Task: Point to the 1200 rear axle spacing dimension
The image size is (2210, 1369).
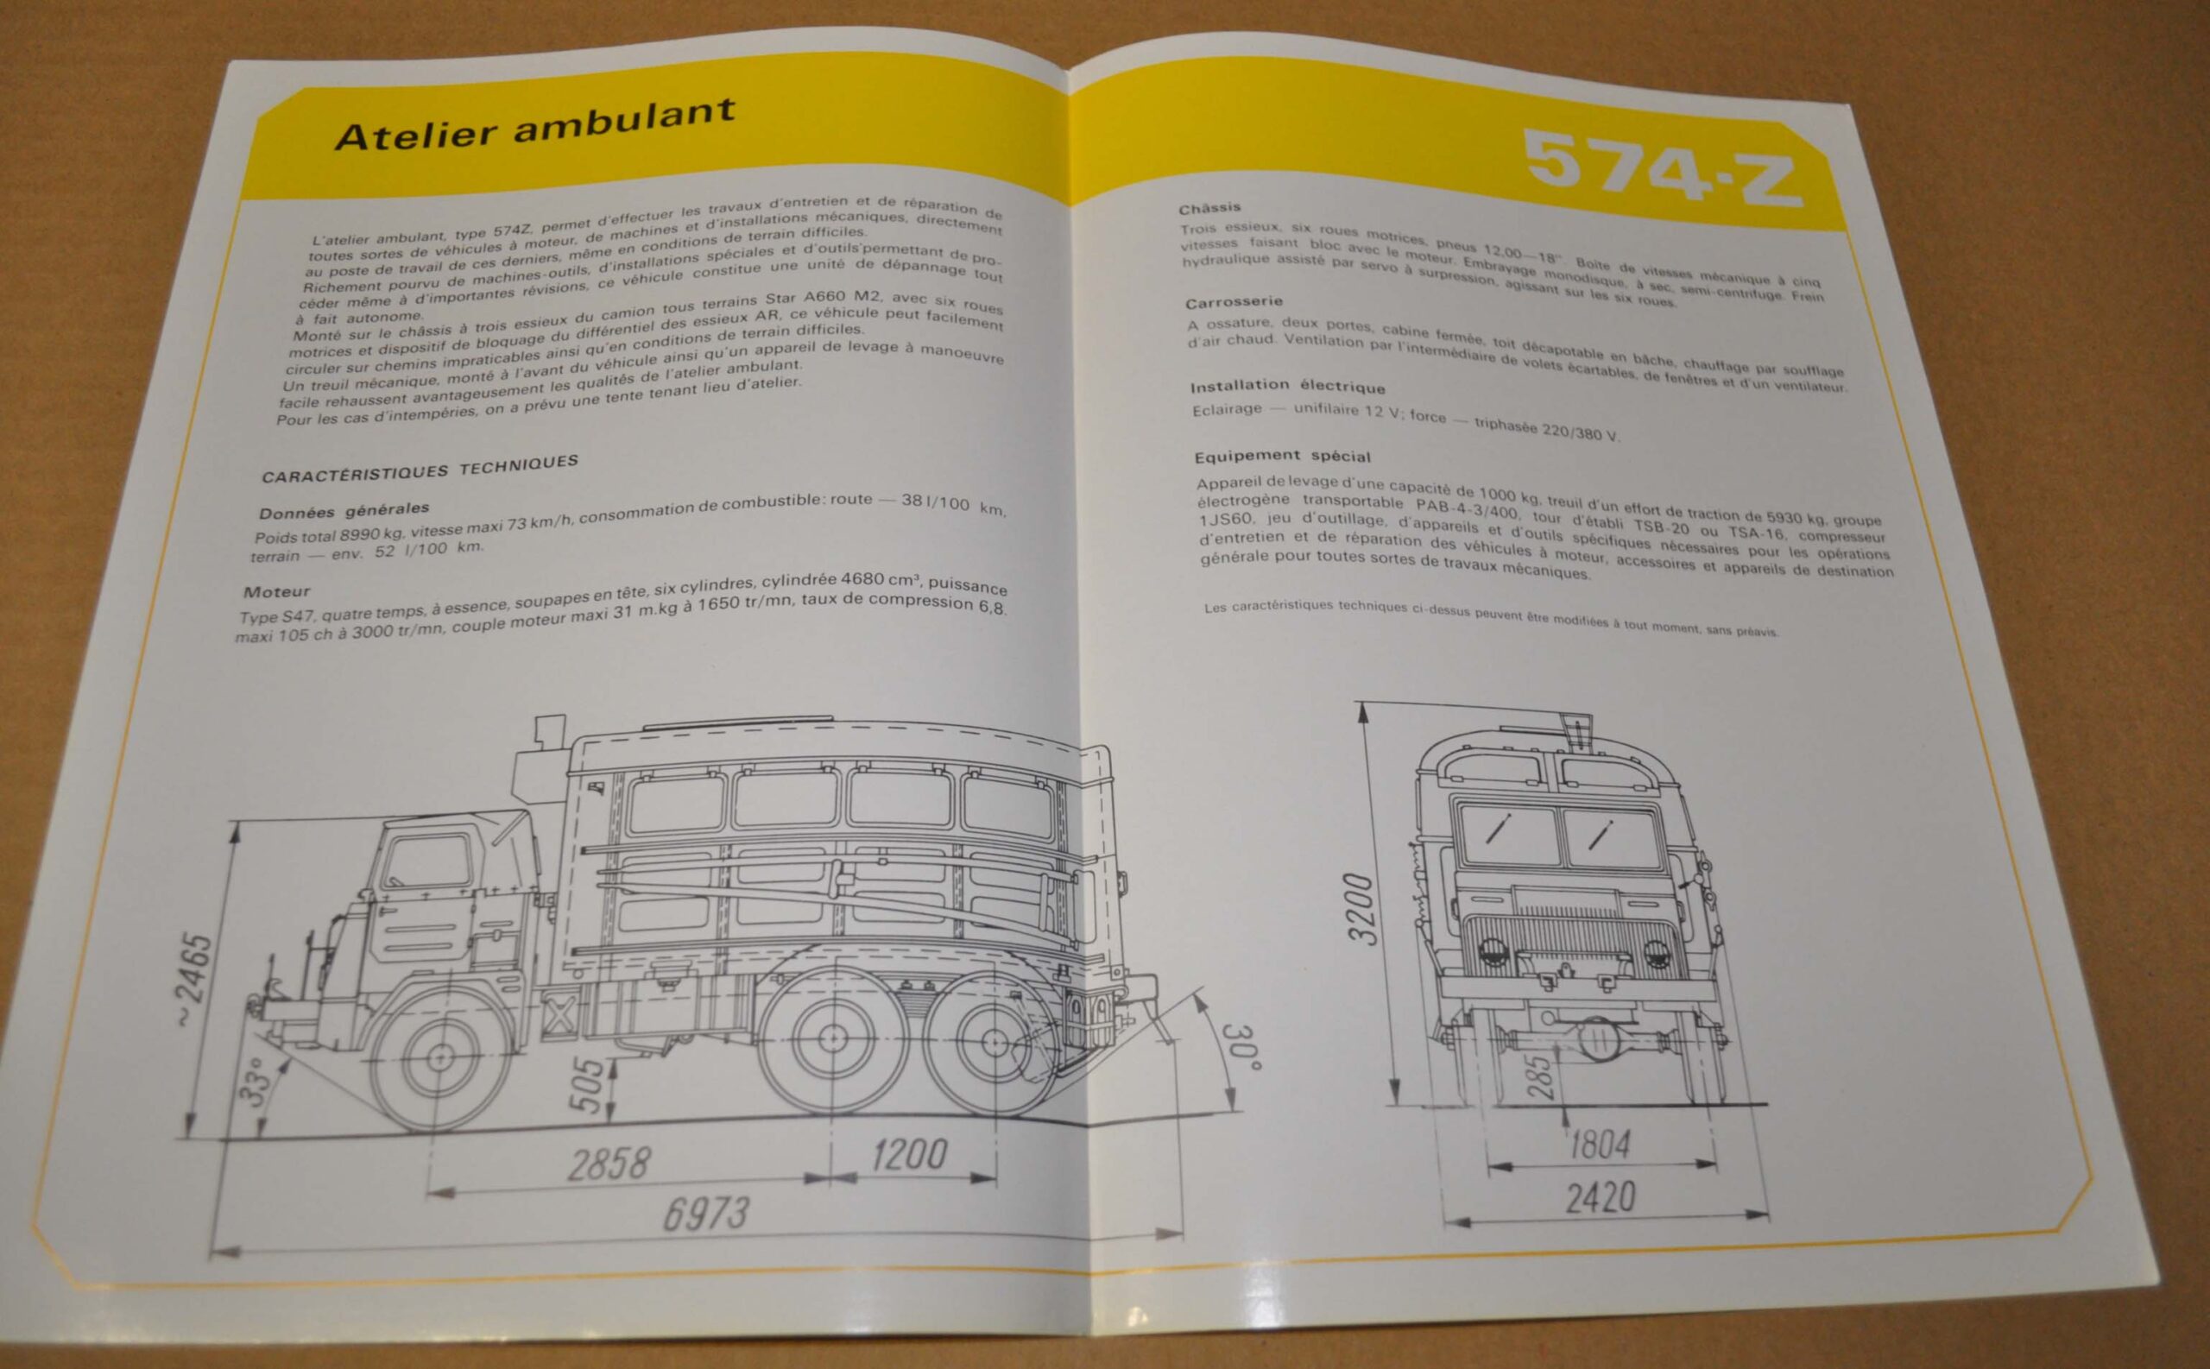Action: click(909, 1155)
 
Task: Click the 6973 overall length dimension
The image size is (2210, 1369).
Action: click(706, 1214)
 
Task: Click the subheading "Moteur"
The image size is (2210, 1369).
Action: click(276, 592)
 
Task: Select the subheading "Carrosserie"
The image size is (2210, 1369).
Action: click(1234, 301)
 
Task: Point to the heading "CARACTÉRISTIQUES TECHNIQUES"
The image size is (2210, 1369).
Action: click(420, 468)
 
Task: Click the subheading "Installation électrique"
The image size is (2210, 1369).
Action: click(1287, 386)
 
